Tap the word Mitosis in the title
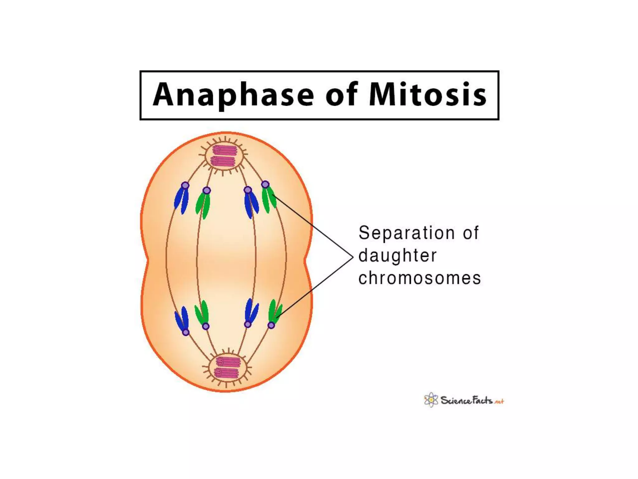click(427, 95)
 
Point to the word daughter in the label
click(398, 256)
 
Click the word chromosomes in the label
click(420, 278)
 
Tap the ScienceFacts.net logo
click(464, 400)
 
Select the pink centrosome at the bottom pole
click(227, 367)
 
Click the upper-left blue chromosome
click(181, 200)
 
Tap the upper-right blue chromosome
click(251, 204)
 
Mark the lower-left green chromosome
click(202, 312)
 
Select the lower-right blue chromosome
click(251, 310)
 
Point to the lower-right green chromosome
click(275, 311)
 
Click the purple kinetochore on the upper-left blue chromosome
click(185, 186)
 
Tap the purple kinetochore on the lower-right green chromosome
click(271, 325)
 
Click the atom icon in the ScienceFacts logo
click(431, 400)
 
